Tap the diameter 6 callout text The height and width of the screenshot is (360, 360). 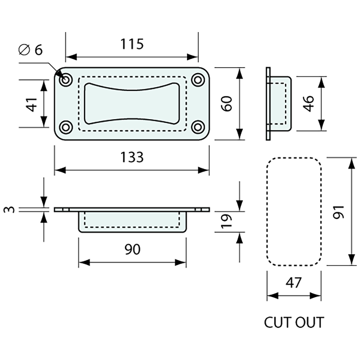[31, 50]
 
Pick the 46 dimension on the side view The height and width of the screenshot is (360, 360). [308, 103]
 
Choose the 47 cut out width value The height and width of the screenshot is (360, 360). [294, 282]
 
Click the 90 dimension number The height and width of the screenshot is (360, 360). [132, 249]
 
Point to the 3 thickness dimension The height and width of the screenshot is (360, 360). [11, 209]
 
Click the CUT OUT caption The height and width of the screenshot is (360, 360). [294, 322]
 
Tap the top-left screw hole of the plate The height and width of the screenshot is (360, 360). [66, 80]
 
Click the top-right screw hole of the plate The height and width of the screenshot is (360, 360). [197, 80]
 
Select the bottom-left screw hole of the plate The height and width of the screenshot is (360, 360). [66, 127]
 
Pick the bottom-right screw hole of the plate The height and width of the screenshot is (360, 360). [197, 127]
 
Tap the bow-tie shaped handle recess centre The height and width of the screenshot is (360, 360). [132, 103]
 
